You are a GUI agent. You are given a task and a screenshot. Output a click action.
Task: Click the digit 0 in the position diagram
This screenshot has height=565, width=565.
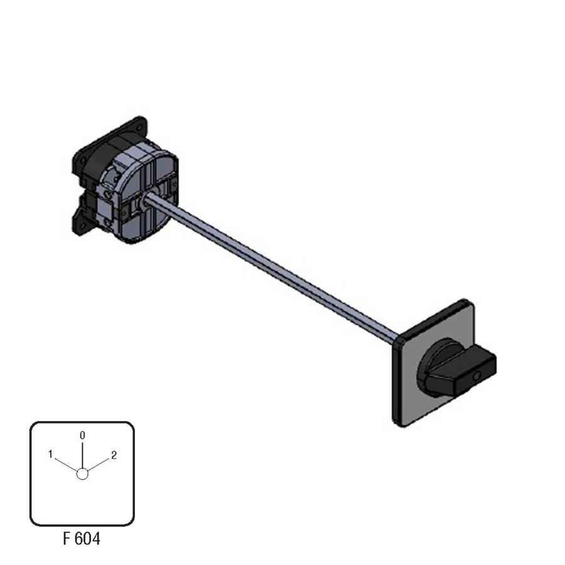(x=82, y=435)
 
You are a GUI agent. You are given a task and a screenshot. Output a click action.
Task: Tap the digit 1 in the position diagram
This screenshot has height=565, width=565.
(x=50, y=455)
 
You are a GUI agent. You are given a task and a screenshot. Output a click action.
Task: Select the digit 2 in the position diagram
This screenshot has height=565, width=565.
(x=114, y=456)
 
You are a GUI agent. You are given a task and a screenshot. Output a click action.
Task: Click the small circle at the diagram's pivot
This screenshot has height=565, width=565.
(x=82, y=474)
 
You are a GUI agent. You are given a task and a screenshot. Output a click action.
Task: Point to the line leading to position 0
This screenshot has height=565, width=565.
(x=82, y=456)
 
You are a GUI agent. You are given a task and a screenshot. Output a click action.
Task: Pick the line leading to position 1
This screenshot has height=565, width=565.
(x=66, y=465)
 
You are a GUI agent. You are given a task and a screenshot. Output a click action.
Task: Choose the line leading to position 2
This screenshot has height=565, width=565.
(x=98, y=465)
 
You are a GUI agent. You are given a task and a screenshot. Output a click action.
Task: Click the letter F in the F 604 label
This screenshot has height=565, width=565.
(x=67, y=539)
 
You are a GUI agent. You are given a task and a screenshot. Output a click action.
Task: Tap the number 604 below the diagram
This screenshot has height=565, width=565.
(x=87, y=539)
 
